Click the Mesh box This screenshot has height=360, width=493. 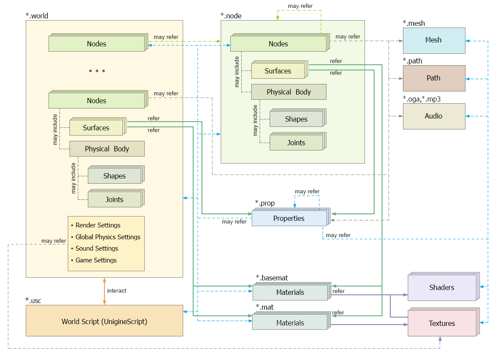point(434,40)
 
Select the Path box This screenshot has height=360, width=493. point(434,78)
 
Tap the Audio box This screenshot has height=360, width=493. point(434,116)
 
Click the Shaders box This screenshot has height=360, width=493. point(441,288)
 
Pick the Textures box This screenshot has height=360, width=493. point(441,323)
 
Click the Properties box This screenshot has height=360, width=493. point(288,218)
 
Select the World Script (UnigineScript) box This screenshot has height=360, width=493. point(104,322)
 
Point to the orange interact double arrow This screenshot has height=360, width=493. point(104,291)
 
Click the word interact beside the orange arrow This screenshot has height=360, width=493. point(117,291)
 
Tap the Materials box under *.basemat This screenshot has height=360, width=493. point(290,293)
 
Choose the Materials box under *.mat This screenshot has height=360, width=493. point(290,323)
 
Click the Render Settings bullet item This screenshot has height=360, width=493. point(98,225)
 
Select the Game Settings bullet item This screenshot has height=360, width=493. point(96,260)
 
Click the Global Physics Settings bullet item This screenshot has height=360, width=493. point(108,237)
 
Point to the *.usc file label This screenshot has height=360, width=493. point(33,301)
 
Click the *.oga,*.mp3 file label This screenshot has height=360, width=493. point(421,99)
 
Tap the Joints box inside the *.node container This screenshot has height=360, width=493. point(296,143)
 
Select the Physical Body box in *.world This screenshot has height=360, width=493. point(107,149)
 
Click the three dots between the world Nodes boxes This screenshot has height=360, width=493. point(97,71)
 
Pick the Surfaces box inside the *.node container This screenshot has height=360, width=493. point(278,71)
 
